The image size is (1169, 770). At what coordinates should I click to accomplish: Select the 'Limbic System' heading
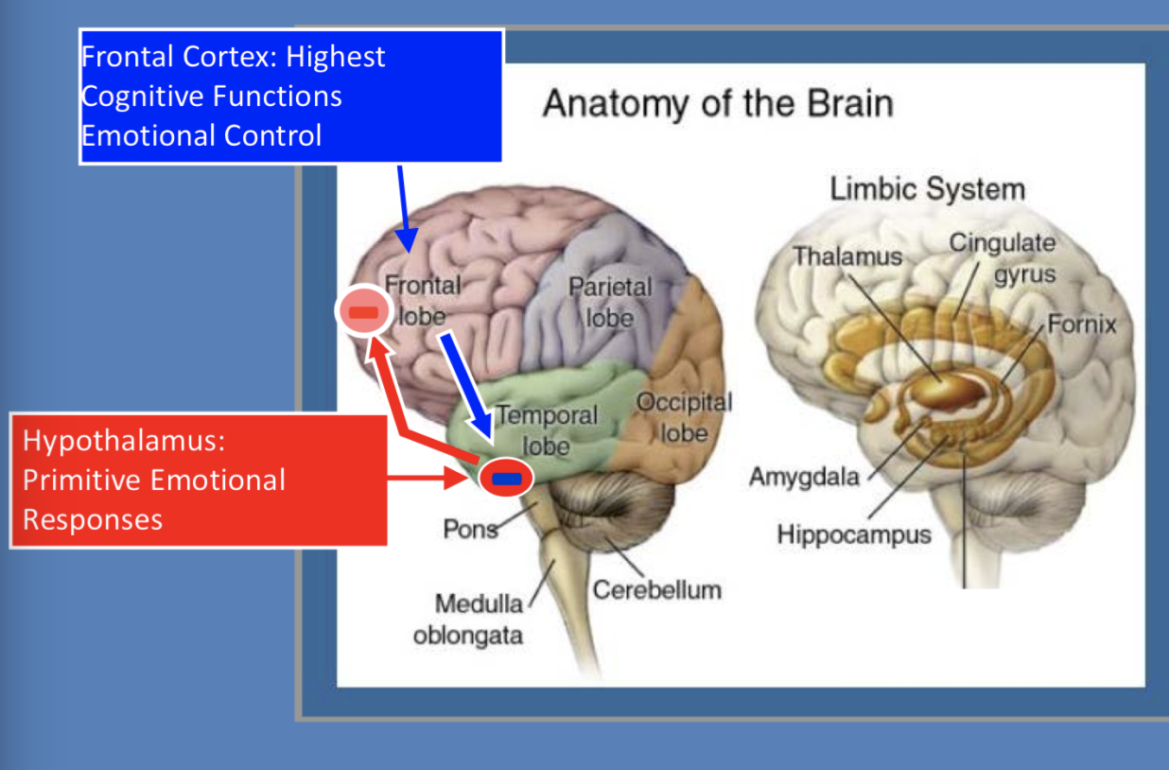coord(927,189)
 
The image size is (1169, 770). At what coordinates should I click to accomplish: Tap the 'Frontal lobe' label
coord(422,300)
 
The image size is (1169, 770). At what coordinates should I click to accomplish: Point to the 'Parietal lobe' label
coord(610,302)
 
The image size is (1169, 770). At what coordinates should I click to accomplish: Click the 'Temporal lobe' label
coord(547,429)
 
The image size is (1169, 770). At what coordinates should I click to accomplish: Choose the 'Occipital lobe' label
coord(684,417)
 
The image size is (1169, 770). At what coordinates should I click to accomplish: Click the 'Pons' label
coord(470,528)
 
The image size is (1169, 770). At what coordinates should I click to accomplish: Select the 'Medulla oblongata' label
coord(467,619)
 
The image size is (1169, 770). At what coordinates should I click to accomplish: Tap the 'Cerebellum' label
coord(656,590)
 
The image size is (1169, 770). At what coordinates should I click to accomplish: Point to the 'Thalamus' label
coord(846,256)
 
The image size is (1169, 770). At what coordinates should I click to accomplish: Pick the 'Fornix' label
coord(1081,325)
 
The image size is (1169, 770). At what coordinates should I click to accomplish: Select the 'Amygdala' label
coord(804,476)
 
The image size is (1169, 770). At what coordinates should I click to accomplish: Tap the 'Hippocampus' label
coord(853,534)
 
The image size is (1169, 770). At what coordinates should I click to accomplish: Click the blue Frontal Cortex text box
coord(290,96)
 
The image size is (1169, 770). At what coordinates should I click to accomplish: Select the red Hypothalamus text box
coord(199,480)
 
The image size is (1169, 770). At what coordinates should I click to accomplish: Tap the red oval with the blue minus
coord(506,478)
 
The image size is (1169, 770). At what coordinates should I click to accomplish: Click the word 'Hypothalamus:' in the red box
coord(123,441)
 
